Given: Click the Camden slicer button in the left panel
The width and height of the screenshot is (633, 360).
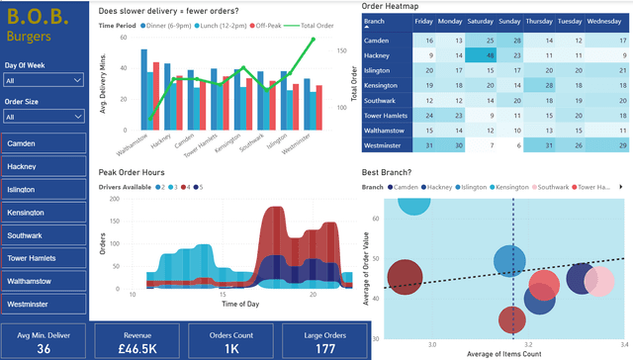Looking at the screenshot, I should tap(44, 143).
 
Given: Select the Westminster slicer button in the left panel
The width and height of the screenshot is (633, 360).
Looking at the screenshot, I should tap(44, 304).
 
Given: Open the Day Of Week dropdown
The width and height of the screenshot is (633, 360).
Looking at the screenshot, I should tap(44, 80).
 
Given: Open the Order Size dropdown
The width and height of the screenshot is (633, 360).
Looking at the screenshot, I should tap(44, 116).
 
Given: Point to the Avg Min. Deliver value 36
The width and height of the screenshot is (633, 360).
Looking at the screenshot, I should tap(44, 348).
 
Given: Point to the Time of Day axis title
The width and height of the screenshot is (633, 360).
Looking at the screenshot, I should tap(240, 304).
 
